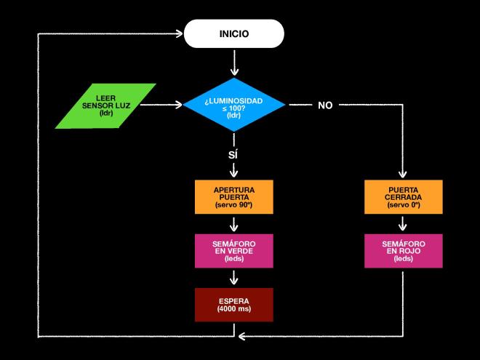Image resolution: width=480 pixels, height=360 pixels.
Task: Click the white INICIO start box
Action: coord(233,34)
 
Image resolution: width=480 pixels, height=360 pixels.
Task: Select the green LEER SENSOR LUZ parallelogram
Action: coord(106,105)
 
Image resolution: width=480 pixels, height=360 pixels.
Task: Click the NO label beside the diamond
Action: coord(325,105)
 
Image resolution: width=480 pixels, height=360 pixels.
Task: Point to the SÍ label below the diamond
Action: coord(233,154)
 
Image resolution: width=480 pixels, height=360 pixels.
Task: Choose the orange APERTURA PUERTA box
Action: coord(233,197)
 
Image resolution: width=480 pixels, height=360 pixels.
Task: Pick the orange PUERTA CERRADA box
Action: coord(403,197)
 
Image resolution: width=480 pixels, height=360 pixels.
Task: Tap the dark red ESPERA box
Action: coord(233,305)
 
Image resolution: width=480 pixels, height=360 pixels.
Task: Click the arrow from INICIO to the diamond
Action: coord(233,64)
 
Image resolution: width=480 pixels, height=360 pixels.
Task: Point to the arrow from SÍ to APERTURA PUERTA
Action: coord(233,170)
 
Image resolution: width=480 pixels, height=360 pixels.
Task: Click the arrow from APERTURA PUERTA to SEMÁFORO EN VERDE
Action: coord(233,223)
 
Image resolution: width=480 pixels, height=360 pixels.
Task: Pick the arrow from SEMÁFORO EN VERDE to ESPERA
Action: coord(233,278)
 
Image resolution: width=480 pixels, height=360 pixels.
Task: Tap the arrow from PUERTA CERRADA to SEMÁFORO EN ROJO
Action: coord(403,223)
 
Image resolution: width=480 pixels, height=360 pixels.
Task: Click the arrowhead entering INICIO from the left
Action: coord(178,34)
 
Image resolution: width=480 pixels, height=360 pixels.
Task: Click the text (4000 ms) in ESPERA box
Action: coord(233,310)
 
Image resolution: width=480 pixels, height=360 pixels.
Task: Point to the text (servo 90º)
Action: coord(233,206)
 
